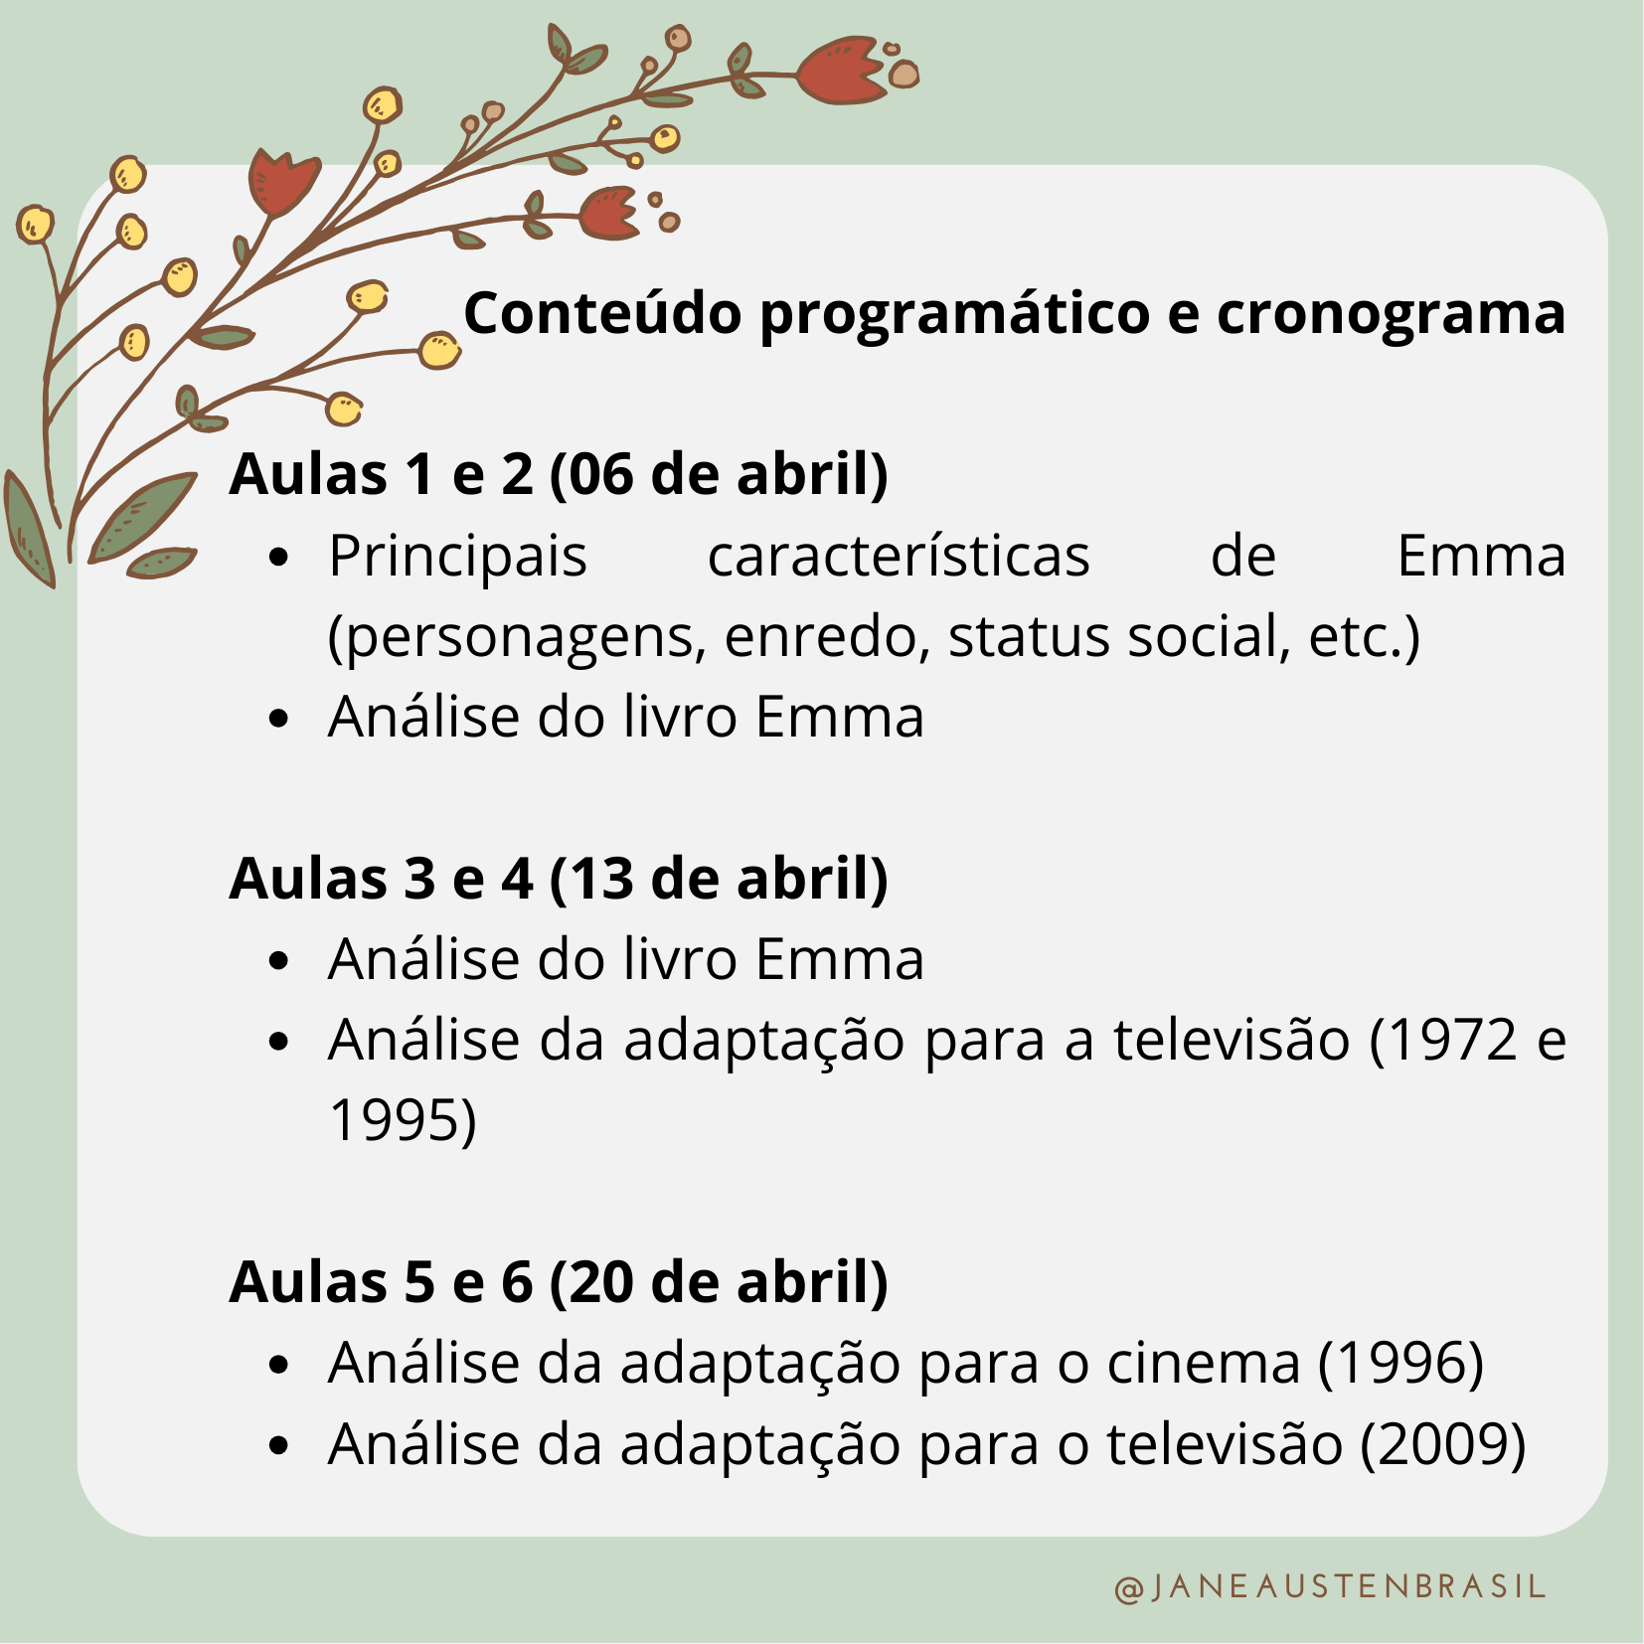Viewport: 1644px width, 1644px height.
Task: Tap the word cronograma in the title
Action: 1392,314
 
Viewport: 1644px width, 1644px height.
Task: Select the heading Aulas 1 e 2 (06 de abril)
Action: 559,474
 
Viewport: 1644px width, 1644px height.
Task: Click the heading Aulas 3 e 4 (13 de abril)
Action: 559,879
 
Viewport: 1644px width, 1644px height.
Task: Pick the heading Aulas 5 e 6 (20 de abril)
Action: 559,1282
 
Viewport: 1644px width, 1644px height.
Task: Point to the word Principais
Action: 458,557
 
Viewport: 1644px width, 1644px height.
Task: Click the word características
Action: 899,556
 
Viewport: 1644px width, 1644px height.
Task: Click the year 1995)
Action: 403,1121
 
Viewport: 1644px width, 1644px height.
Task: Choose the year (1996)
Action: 1400,1363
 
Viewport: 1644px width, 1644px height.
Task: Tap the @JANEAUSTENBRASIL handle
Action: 1330,1587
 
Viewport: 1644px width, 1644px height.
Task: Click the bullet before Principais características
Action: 279,558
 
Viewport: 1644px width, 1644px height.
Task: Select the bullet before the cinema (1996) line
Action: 279,1365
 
